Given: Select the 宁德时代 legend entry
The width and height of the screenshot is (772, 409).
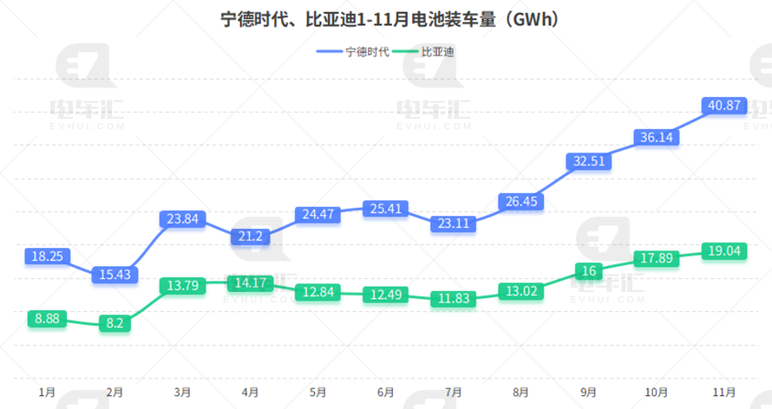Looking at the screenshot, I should pos(354,51).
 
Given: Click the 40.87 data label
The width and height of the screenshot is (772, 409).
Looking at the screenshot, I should pos(724,106).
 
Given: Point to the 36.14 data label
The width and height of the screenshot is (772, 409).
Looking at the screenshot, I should pos(657,137).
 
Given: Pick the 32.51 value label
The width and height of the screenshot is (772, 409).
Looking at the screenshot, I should pos(589,160).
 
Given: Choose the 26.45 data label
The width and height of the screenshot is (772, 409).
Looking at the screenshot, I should pos(521,202).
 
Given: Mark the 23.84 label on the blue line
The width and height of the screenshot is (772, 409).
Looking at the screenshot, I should pos(183,219).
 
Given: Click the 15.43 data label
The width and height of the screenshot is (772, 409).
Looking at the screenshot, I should pos(115,274).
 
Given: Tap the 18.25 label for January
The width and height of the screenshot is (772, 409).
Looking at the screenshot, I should pos(48,256).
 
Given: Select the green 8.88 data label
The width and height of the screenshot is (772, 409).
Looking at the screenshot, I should pos(48,319).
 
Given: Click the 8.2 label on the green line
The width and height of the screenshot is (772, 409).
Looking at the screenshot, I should pos(115,323).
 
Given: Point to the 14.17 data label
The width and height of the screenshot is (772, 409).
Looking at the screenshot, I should pos(251,282).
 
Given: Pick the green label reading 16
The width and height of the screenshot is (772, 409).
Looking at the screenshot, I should pos(589,271).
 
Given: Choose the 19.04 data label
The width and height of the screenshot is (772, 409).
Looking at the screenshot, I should pos(724,251).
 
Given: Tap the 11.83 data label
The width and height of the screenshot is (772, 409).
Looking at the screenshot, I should pos(454,299).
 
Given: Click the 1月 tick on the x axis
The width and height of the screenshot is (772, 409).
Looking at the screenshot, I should pos(48,393).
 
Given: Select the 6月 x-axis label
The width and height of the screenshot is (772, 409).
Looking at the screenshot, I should pos(386,393).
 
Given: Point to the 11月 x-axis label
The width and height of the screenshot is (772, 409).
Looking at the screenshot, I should pos(724,393).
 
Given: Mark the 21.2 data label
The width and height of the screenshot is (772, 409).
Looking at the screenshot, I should pos(251,237).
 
